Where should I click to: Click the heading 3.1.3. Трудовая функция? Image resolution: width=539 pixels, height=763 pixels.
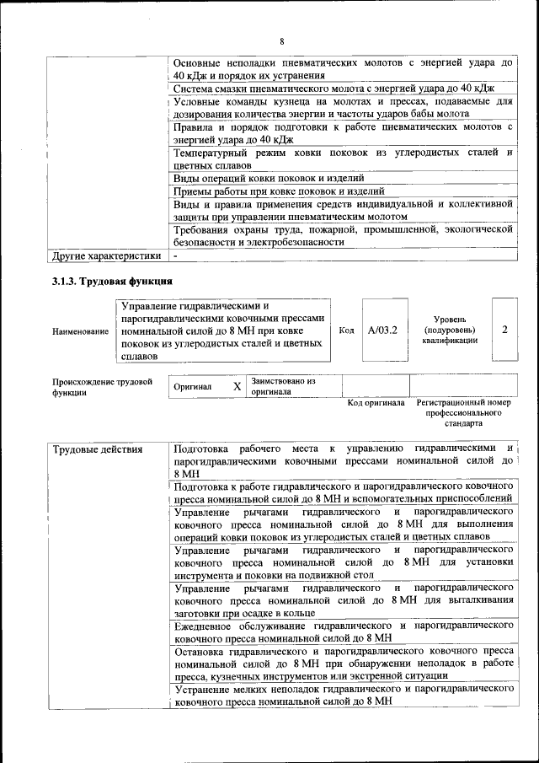pos(112,281)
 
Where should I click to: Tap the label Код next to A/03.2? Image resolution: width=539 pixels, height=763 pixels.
pos(345,330)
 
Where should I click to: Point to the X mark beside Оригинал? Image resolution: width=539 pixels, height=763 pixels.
pos(237,386)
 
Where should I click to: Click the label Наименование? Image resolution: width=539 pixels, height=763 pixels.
pos(80,331)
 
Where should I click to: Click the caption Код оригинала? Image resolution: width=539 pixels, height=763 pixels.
pos(376,402)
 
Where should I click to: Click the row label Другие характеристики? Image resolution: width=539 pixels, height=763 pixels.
pos(105,255)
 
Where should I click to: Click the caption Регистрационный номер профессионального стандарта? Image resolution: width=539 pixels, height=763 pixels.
pos(463,414)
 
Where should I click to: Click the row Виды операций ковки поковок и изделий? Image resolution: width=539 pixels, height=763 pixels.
pos(268,178)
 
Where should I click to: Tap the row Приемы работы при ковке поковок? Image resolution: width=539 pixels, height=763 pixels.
pos(267,191)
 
